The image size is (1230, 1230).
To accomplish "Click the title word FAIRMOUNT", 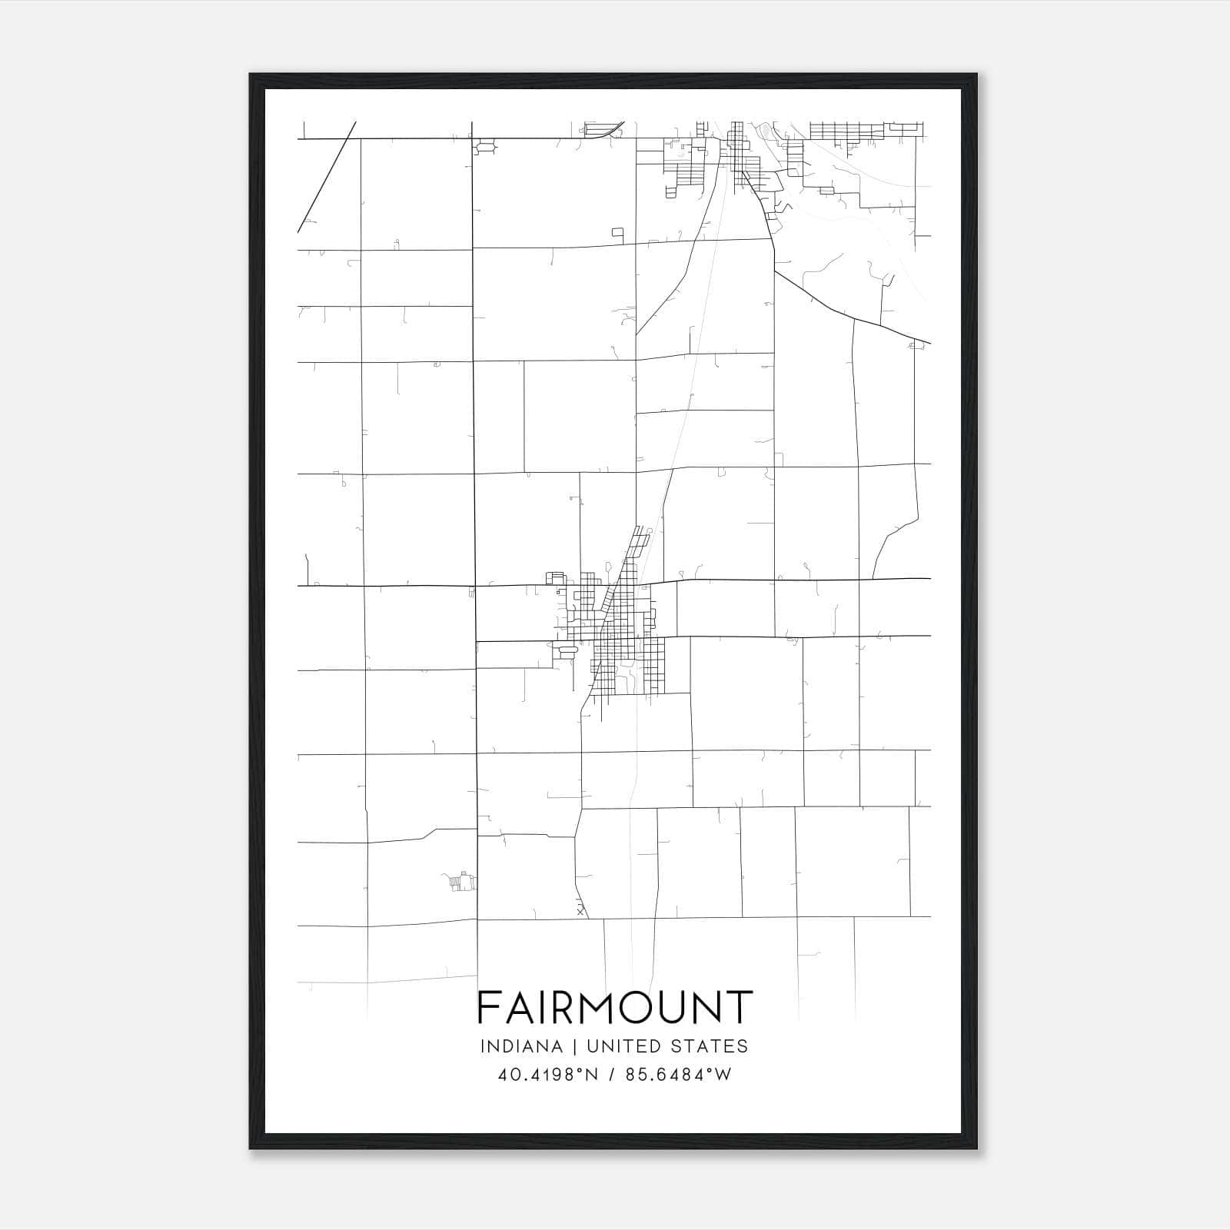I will [x=614, y=1007].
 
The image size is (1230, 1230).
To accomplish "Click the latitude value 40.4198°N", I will [x=548, y=1075].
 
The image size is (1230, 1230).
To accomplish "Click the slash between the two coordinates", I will [x=610, y=1075].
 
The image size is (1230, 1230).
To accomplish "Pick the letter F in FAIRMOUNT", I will [x=488, y=1007].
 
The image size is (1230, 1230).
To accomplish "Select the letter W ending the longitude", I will [x=723, y=1075].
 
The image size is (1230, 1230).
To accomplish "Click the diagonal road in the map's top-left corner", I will [x=327, y=177].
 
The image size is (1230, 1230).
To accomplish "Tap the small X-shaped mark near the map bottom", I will [x=580, y=912].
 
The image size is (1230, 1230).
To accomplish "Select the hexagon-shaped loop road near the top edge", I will [x=485, y=145].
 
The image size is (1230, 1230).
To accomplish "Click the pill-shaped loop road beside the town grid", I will [x=568, y=652].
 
